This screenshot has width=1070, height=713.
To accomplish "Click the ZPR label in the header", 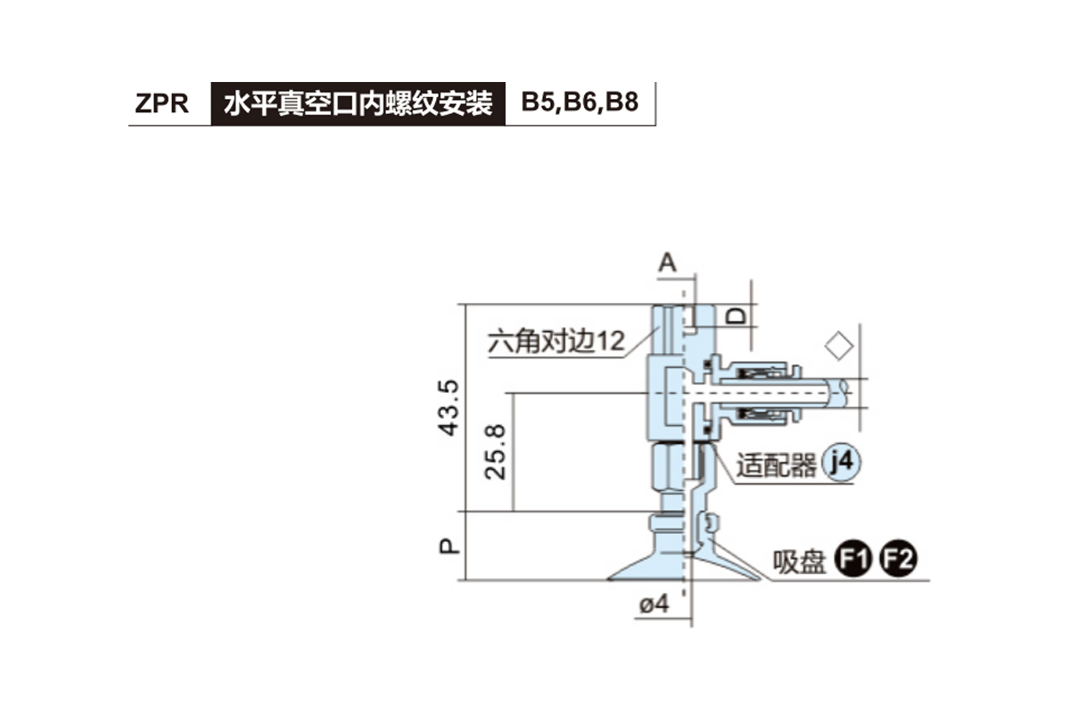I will [x=162, y=103].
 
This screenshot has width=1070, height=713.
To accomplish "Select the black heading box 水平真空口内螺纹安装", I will [x=358, y=103].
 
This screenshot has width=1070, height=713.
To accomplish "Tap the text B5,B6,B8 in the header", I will [x=580, y=103].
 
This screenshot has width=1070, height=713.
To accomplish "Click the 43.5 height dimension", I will [x=449, y=407].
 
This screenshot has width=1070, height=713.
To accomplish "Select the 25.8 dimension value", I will [x=497, y=451].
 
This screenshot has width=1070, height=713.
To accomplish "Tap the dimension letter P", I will [x=450, y=545].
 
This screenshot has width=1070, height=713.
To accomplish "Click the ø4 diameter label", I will [x=654, y=603].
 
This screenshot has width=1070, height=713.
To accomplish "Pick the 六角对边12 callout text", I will [x=556, y=341].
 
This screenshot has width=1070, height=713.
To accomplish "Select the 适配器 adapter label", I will [x=776, y=465].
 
